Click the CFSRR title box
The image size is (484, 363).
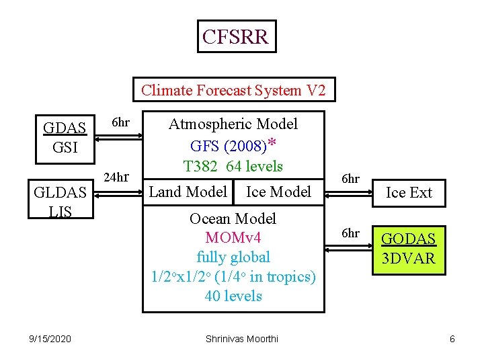coord(236,36)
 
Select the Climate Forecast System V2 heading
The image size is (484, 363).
coord(233,89)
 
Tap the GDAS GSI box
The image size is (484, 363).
coord(65,138)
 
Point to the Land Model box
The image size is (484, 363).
coord(188,192)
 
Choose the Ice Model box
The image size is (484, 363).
coord(278,192)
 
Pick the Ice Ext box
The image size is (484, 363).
coord(409,193)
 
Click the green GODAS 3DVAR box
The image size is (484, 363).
coord(409,249)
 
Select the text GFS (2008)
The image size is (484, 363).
coord(229,146)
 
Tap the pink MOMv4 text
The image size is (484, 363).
coord(233,238)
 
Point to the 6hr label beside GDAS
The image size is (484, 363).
coord(120,123)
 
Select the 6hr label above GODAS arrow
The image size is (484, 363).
coord(350,233)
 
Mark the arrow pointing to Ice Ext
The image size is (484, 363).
coord(349,193)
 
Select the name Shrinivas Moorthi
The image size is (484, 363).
coord(241,339)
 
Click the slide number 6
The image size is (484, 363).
coord(452,339)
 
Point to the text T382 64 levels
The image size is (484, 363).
coord(233,166)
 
